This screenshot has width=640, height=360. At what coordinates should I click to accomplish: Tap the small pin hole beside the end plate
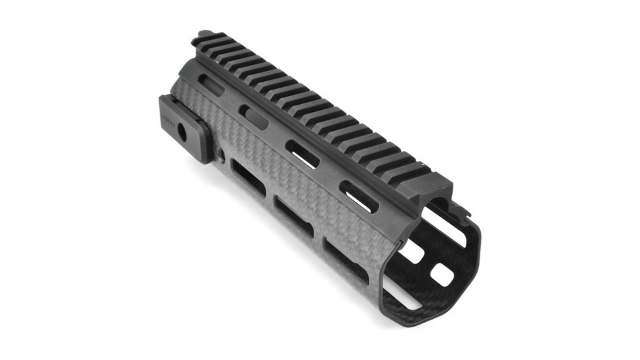[x=222, y=156]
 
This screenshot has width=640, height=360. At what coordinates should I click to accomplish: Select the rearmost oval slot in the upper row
[x=211, y=85]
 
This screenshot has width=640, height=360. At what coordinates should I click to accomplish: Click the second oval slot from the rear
[x=254, y=117]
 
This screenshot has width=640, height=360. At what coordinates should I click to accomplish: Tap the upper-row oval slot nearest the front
[x=358, y=196]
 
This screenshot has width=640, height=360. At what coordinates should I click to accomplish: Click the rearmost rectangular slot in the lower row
[x=249, y=178]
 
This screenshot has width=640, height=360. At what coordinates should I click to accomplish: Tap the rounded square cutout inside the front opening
[x=442, y=275]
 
